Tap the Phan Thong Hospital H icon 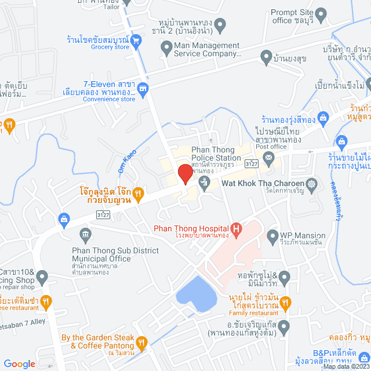click(x=235, y=228)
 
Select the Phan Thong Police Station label click(x=212, y=154)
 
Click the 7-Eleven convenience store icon click(x=143, y=89)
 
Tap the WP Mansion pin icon click(x=272, y=236)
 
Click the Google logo click(x=19, y=363)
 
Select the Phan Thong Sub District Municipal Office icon click(x=86, y=235)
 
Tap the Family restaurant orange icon click(x=286, y=302)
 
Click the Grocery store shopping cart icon click(x=136, y=41)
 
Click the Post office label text click(x=270, y=147)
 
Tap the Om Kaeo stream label click(x=130, y=152)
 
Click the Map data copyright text click(x=345, y=366)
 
